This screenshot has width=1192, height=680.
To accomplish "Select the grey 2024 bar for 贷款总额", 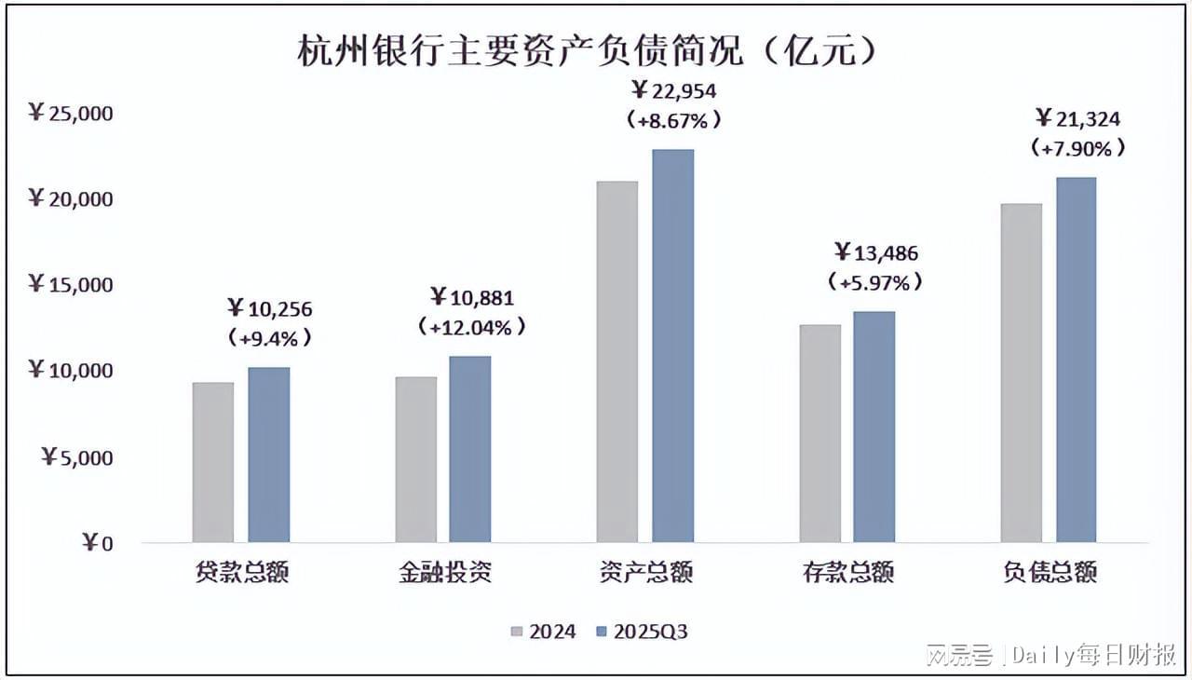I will coord(213,462).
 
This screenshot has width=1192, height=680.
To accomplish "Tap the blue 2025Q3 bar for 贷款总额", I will coord(268,455).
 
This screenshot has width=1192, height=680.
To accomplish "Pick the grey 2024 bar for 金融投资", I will coord(415,459).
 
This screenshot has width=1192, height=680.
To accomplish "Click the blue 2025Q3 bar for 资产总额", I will coord(672,346).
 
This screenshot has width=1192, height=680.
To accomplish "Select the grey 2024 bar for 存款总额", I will coord(819,433).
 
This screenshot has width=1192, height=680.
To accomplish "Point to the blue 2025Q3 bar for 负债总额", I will coord(1076,360).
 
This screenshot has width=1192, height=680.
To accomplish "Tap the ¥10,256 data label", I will coord(270,308).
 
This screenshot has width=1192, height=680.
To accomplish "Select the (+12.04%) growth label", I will coord(471,327).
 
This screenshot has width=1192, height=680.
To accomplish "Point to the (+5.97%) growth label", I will coord(880,281).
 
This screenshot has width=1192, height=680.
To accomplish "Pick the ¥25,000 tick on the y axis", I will coord(71,114).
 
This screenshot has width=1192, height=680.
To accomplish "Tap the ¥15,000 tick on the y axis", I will coord(71,285).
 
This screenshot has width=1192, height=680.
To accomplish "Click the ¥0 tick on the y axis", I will coord(97,543).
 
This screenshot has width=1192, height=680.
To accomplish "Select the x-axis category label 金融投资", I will coord(444,572).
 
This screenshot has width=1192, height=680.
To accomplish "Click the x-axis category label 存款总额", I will coord(847,572).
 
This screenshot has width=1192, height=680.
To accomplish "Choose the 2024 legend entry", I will coord(544,632).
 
